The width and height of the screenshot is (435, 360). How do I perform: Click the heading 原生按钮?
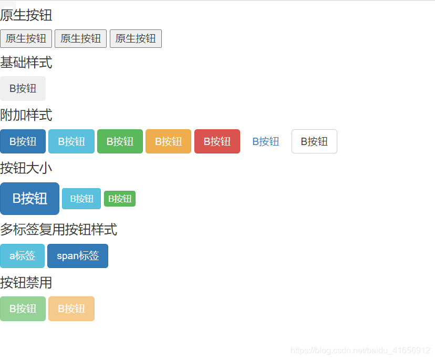(26, 15)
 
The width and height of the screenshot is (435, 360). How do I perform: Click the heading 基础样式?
(26, 63)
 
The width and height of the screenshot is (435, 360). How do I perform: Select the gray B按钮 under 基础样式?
(23, 88)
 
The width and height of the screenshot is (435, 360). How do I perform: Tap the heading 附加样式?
(26, 115)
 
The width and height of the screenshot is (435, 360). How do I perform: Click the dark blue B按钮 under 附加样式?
(23, 141)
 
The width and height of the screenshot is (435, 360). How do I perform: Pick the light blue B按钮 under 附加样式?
(71, 141)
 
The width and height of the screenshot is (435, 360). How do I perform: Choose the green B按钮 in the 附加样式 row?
(120, 141)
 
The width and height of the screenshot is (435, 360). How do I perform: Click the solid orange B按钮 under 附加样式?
(168, 141)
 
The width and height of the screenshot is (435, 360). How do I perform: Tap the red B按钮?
(217, 141)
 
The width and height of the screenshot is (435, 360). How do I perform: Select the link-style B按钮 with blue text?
(265, 141)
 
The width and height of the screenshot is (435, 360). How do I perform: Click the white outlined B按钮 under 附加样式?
(314, 141)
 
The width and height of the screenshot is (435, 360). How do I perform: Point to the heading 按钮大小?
(26, 168)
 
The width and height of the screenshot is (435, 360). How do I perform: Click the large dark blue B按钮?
(29, 199)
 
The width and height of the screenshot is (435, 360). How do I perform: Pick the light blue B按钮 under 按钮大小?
(81, 199)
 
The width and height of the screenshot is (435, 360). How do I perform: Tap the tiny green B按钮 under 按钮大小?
(120, 199)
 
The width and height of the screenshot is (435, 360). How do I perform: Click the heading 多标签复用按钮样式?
(58, 230)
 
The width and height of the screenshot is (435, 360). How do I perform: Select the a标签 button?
(22, 256)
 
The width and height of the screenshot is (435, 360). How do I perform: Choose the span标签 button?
(78, 256)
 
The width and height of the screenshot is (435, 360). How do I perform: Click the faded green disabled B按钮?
(23, 308)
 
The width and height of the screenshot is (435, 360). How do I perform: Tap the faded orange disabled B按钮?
(71, 308)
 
